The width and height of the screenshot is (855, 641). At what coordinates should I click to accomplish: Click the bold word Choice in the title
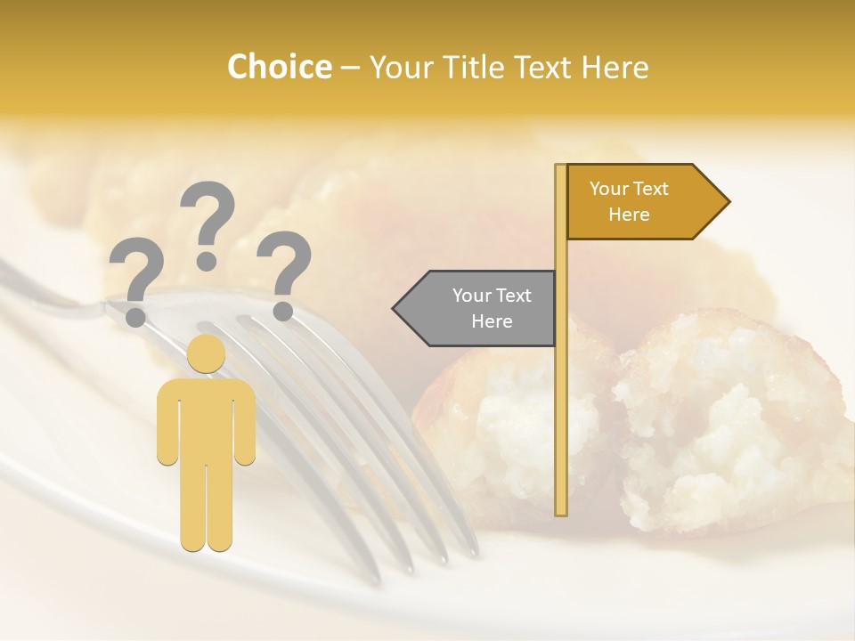point(279,67)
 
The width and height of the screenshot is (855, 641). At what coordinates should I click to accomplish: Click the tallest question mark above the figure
point(207,223)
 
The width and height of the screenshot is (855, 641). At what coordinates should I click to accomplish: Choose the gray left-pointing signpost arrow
point(481,308)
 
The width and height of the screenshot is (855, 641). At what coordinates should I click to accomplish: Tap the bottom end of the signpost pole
point(561,511)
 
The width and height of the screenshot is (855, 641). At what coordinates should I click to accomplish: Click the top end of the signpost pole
point(561,168)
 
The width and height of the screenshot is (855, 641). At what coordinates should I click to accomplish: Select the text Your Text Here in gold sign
point(629,201)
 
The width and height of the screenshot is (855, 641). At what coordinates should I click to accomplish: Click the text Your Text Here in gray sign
point(491,308)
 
